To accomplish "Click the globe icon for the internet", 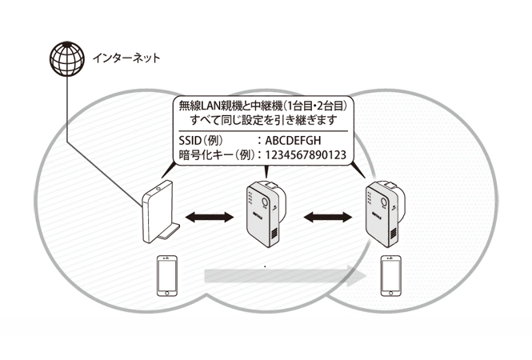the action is [67, 58].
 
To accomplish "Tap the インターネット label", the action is [126, 58].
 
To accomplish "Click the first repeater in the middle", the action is [266, 214].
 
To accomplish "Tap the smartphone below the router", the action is [166, 276].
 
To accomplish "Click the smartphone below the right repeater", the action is [390, 276].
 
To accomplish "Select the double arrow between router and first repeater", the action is [210, 217].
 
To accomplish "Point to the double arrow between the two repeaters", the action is [328, 217].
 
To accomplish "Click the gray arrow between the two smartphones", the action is [285, 276].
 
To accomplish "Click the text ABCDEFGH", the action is [293, 140].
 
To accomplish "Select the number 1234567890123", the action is [306, 155].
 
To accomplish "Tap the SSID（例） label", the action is [201, 140].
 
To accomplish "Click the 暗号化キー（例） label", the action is [217, 155].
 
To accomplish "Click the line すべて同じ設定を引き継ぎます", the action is [264, 120].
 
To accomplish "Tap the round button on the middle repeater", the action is [265, 202].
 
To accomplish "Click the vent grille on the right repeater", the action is [394, 233].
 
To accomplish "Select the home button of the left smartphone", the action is [166, 293].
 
